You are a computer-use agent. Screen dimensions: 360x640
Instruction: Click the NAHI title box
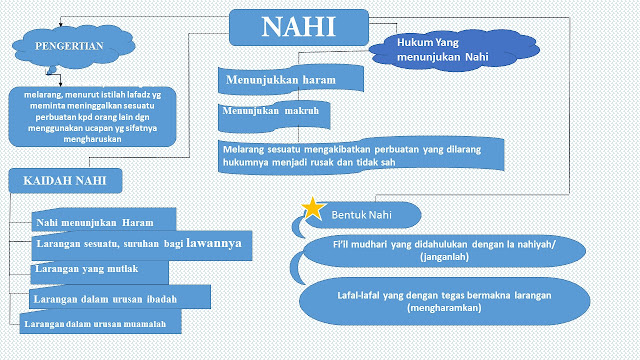(297, 27)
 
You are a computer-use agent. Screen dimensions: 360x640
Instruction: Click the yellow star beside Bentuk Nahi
(312, 208)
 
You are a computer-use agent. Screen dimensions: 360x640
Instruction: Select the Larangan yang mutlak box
(93, 270)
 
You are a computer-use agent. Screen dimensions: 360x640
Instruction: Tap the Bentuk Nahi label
(362, 215)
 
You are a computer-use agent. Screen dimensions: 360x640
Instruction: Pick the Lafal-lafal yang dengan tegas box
(446, 304)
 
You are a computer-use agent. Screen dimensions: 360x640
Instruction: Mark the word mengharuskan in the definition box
(98, 141)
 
